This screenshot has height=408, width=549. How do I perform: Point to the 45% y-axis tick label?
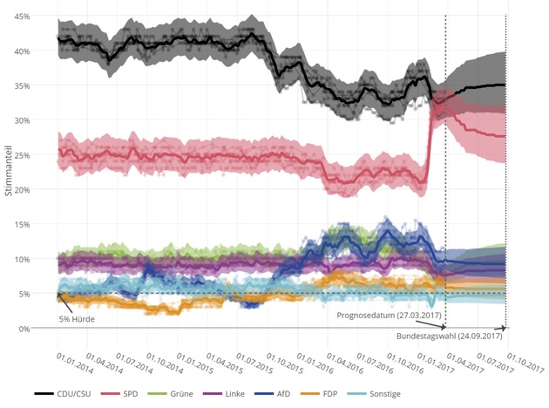22,17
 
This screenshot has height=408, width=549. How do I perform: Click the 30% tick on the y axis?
22,120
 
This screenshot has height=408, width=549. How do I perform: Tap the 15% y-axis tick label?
22,224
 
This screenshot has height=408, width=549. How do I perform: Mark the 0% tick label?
24,328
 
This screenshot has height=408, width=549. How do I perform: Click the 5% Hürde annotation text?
77,319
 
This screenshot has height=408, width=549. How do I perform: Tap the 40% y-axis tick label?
22,51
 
